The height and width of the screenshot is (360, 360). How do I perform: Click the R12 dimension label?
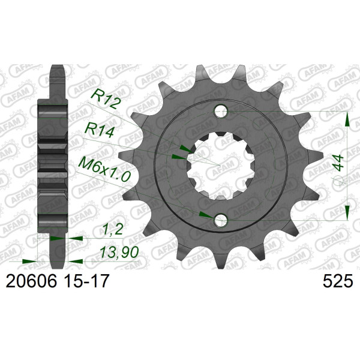click(x=106, y=100)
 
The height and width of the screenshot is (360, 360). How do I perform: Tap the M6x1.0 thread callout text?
click(x=104, y=169)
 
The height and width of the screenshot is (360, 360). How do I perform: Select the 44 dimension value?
click(x=339, y=163)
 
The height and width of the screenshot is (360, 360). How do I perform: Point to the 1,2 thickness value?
click(x=113, y=229)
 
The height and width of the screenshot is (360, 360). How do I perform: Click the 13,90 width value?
click(x=119, y=252)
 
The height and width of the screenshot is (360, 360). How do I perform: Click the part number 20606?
click(x=31, y=281)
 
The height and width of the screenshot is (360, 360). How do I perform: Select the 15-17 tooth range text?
click(x=86, y=281)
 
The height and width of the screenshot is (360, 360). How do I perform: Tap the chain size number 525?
click(x=337, y=281)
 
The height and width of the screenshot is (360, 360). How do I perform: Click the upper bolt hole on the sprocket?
click(x=221, y=112)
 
